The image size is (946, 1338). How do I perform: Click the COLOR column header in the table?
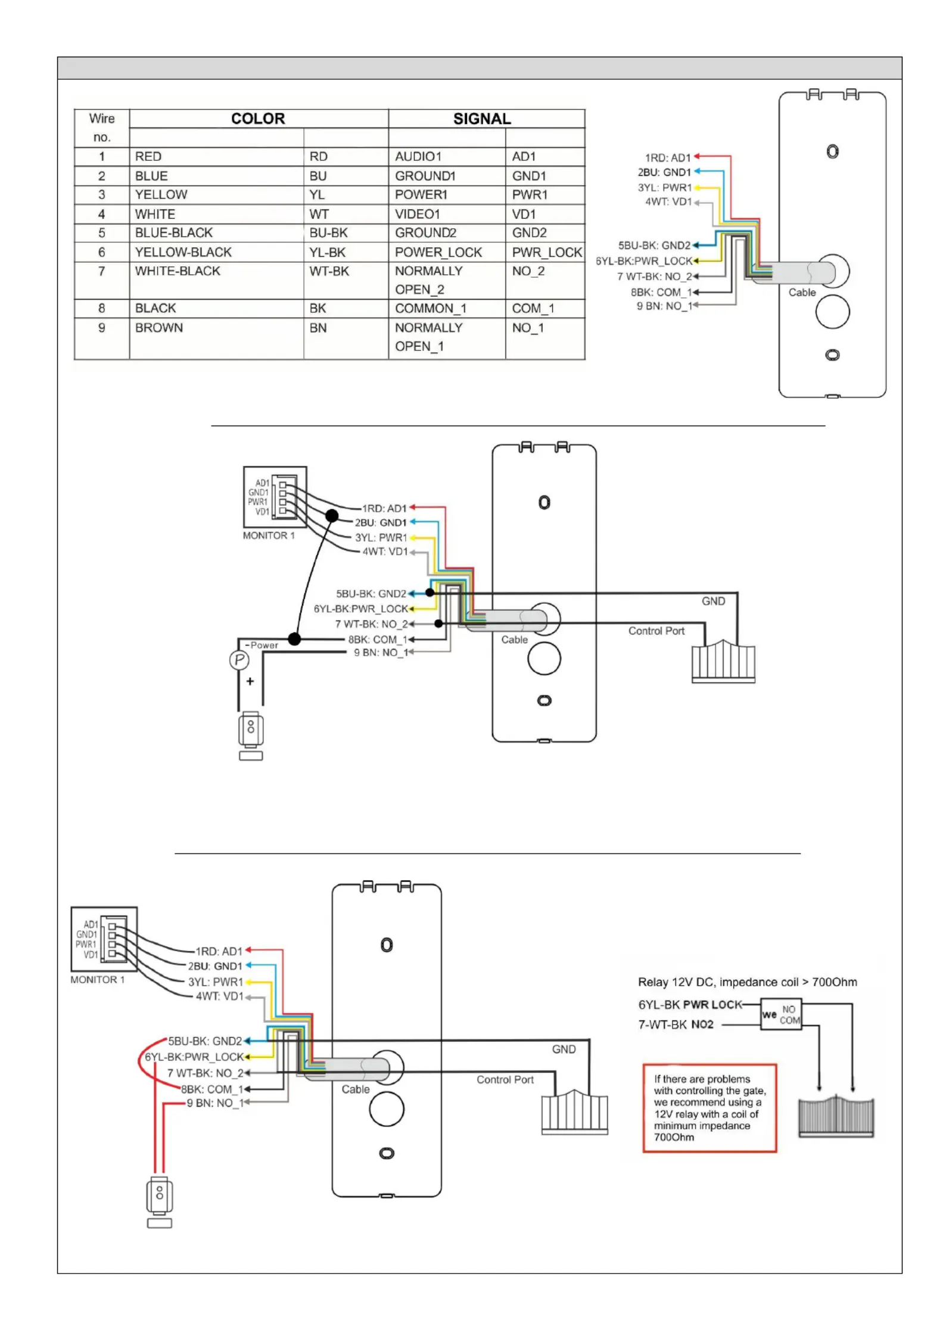(258, 119)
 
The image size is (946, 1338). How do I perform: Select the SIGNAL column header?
(482, 119)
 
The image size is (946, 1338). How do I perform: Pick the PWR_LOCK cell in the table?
(546, 253)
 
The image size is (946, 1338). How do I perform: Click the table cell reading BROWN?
(158, 328)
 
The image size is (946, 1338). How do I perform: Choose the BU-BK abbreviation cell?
(328, 233)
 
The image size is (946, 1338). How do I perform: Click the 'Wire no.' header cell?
(102, 128)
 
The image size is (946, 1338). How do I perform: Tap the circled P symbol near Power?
(239, 660)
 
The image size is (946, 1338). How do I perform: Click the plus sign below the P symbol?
(250, 681)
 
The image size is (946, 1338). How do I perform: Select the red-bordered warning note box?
(709, 1108)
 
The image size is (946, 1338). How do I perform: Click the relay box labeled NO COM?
(781, 1014)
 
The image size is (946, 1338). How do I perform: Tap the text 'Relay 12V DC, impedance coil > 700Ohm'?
(747, 982)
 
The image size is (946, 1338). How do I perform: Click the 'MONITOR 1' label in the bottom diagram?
(98, 980)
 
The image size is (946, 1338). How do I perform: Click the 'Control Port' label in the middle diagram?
(656, 631)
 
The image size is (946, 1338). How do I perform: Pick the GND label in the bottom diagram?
(564, 1049)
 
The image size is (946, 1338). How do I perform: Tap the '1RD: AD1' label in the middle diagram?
(384, 508)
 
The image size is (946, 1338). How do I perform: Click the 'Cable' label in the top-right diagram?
(802, 292)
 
